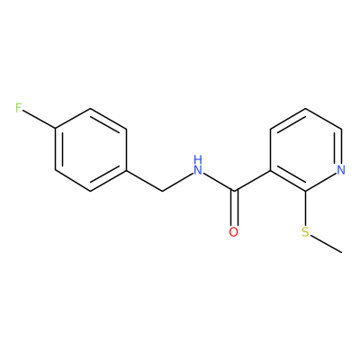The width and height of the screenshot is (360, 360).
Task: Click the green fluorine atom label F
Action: click(19, 108)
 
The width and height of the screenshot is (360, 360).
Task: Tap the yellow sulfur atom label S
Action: click(305, 232)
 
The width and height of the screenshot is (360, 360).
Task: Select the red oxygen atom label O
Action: click(234, 232)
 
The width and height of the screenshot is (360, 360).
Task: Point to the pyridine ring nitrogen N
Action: click(341, 170)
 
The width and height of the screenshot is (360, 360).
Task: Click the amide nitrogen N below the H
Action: click(197, 170)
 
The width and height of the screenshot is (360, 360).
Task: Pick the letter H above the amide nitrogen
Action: click(197, 159)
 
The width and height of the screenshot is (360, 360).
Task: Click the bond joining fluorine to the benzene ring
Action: click(40, 120)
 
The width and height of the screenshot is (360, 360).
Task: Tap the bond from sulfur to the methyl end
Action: click(326, 244)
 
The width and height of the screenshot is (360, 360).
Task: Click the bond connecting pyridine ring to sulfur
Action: click(305, 208)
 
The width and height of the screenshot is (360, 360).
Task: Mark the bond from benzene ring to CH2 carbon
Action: click(144, 180)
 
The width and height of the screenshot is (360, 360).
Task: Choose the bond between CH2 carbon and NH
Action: click(177, 182)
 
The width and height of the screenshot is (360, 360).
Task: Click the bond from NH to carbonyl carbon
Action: click(218, 182)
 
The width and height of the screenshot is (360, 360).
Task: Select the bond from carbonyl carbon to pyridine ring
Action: click(252, 180)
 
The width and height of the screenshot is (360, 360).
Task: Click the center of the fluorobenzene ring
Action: click(91, 149)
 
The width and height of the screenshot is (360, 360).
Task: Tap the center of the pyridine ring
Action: click(306, 149)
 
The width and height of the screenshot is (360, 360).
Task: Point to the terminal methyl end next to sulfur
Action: click(341, 253)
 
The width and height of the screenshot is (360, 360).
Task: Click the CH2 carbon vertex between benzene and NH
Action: click(162, 191)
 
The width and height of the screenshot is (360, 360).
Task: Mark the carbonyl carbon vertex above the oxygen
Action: click(234, 191)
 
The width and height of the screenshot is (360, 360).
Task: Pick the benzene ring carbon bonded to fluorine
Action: click(55, 129)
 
